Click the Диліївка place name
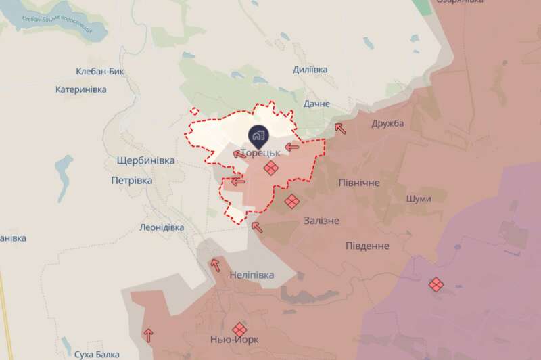[x=310, y=70]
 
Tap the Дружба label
[x=387, y=122]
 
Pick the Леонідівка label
[x=162, y=227]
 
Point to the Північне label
[x=358, y=183]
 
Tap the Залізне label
[x=322, y=221]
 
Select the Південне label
[x=367, y=245]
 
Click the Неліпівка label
[x=252, y=275]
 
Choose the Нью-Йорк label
[x=235, y=339]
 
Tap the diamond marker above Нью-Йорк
[x=238, y=328]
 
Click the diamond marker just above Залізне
[x=292, y=202]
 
